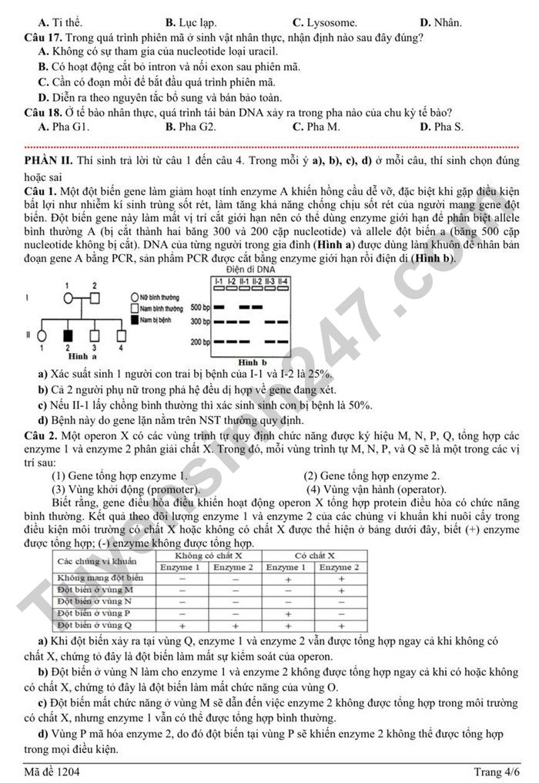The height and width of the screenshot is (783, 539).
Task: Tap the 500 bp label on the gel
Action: click(x=199, y=307)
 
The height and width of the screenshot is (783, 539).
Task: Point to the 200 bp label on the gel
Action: click(x=199, y=341)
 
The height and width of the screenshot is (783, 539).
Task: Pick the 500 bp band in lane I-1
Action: click(x=219, y=307)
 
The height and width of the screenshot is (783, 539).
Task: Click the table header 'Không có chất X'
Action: click(x=208, y=556)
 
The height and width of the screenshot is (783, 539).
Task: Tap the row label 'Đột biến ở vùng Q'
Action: click(x=95, y=625)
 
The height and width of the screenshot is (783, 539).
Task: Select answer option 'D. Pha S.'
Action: click(x=441, y=126)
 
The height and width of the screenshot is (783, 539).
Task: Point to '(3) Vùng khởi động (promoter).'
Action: click(x=126, y=489)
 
